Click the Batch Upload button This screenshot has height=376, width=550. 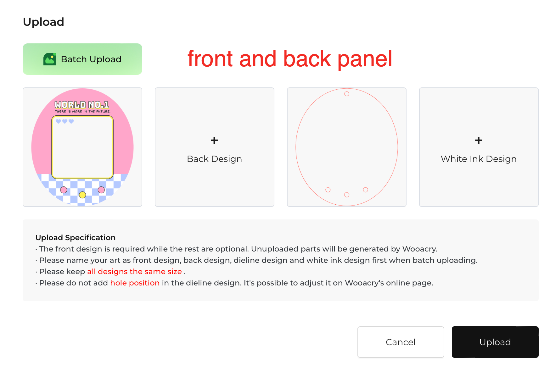(82, 59)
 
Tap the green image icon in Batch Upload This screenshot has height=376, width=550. (50, 59)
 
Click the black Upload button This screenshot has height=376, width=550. (495, 342)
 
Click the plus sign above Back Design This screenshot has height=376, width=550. (214, 140)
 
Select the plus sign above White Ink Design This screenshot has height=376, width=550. (479, 140)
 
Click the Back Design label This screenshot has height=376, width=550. (214, 159)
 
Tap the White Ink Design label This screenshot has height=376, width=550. (479, 159)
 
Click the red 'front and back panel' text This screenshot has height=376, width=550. (290, 59)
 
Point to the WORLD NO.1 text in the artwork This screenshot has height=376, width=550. (82, 105)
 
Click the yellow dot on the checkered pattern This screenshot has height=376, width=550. (82, 195)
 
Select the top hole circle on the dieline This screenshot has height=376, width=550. (347, 94)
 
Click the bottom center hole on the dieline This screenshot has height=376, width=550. (347, 195)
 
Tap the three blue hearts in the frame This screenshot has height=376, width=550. (65, 121)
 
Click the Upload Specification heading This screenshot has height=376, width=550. (76, 238)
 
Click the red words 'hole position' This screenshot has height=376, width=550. (135, 283)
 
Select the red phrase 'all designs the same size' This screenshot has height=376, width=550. (135, 272)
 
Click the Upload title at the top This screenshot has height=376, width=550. (44, 22)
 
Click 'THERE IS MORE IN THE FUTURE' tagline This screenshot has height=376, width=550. (83, 111)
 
